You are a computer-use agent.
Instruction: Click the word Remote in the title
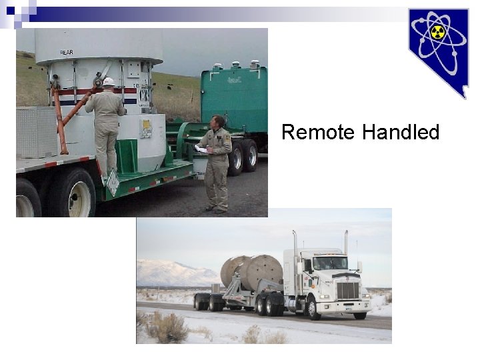[x=317, y=133]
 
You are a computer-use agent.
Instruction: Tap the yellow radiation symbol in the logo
[x=437, y=33]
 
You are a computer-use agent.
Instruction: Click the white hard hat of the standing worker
[x=108, y=82]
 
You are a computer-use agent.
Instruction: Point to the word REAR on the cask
[x=67, y=52]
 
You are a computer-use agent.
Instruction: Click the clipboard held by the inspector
[x=201, y=149]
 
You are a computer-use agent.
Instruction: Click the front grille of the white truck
[x=347, y=291]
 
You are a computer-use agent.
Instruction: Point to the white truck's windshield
[x=331, y=263]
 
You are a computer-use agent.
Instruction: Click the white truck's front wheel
[x=313, y=309]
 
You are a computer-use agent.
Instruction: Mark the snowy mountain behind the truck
[x=171, y=273]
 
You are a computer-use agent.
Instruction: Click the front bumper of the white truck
[x=350, y=308]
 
